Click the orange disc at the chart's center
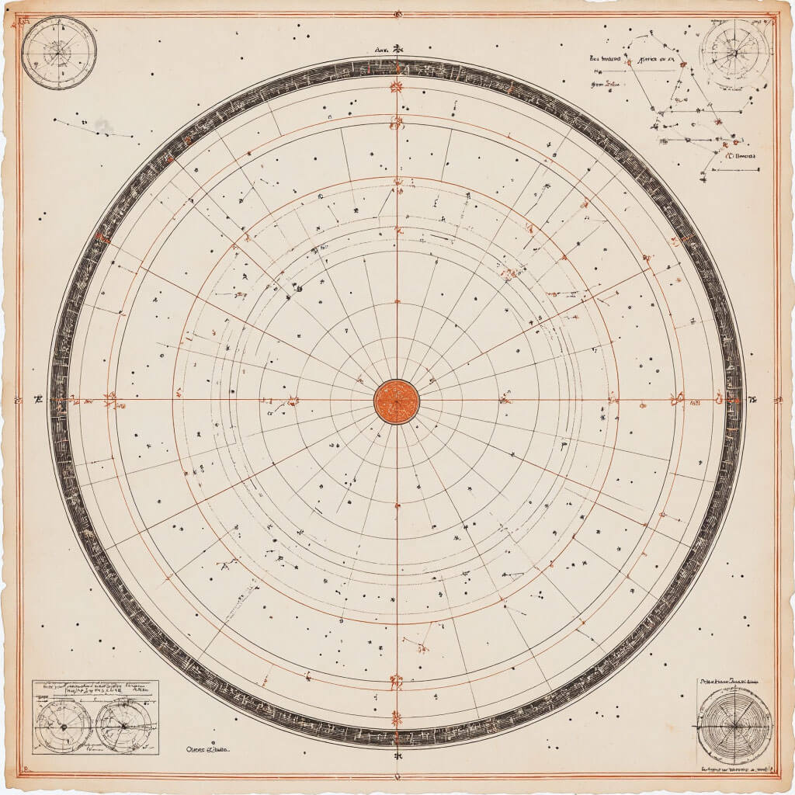pyautogui.click(x=396, y=401)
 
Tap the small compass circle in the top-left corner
pyautogui.click(x=59, y=51)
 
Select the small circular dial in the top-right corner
pyautogui.click(x=734, y=53)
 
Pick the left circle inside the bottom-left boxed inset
pyautogui.click(x=63, y=725)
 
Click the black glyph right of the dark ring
pyautogui.click(x=752, y=401)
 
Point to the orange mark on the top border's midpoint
pyautogui.click(x=397, y=14)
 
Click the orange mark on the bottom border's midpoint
pyautogui.click(x=397, y=776)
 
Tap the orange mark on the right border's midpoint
pyautogui.click(x=777, y=401)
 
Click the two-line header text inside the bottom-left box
pyautogui.click(x=95, y=689)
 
